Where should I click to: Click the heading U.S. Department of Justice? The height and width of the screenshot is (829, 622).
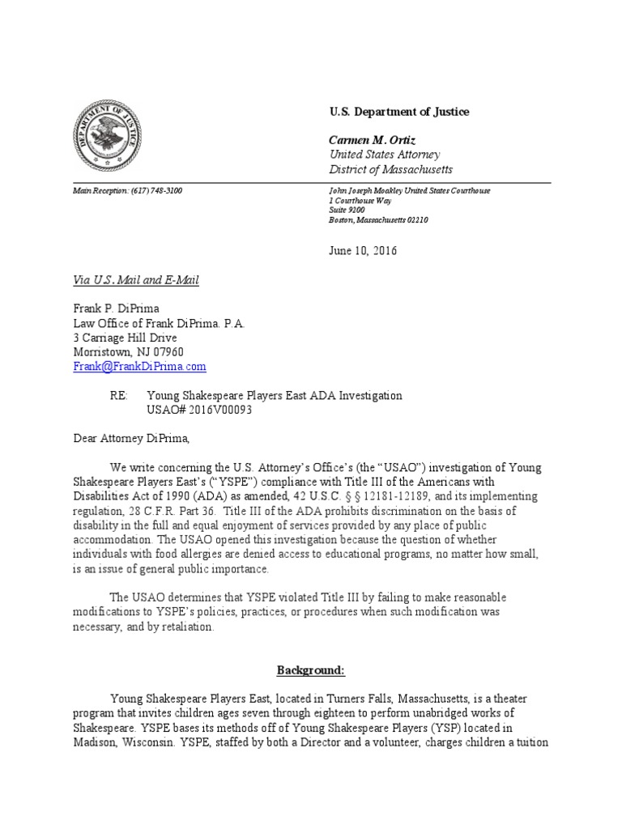pos(398,112)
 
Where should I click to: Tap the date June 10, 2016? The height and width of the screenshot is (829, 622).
pos(363,251)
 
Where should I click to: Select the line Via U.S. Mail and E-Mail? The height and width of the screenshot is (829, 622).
pos(135,280)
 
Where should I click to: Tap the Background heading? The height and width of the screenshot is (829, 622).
pos(311,671)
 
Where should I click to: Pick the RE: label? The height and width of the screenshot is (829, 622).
pos(119,395)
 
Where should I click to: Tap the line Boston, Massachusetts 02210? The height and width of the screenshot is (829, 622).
pos(378,219)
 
